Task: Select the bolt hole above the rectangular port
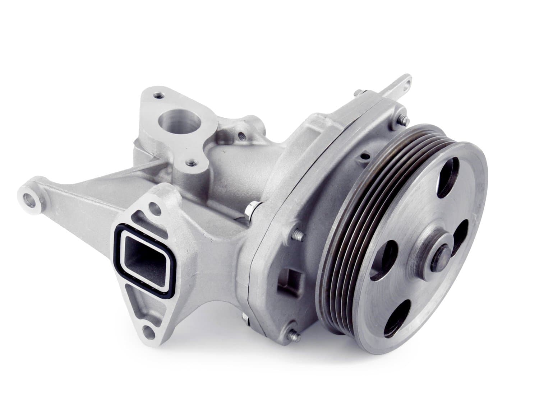tap(154, 207)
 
